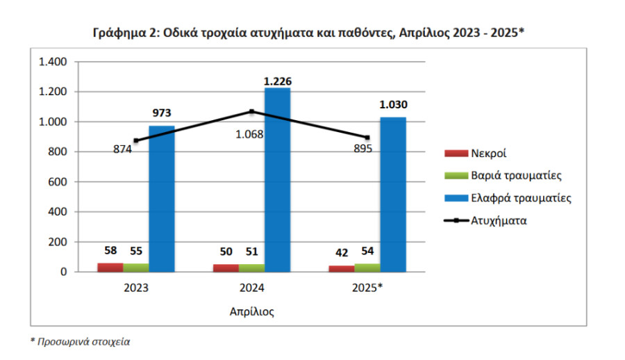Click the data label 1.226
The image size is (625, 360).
point(277,81)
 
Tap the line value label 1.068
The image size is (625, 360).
point(250,134)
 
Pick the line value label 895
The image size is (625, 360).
point(362,148)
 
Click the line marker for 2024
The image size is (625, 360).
point(251,111)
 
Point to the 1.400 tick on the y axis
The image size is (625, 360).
point(53,62)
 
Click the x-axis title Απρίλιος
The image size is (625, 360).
point(251,311)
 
